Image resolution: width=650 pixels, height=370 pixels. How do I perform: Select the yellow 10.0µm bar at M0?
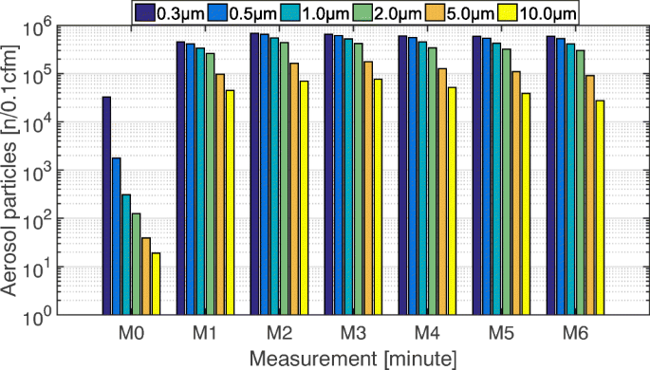(x=156, y=284)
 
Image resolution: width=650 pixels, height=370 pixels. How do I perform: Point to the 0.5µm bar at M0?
(x=116, y=236)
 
